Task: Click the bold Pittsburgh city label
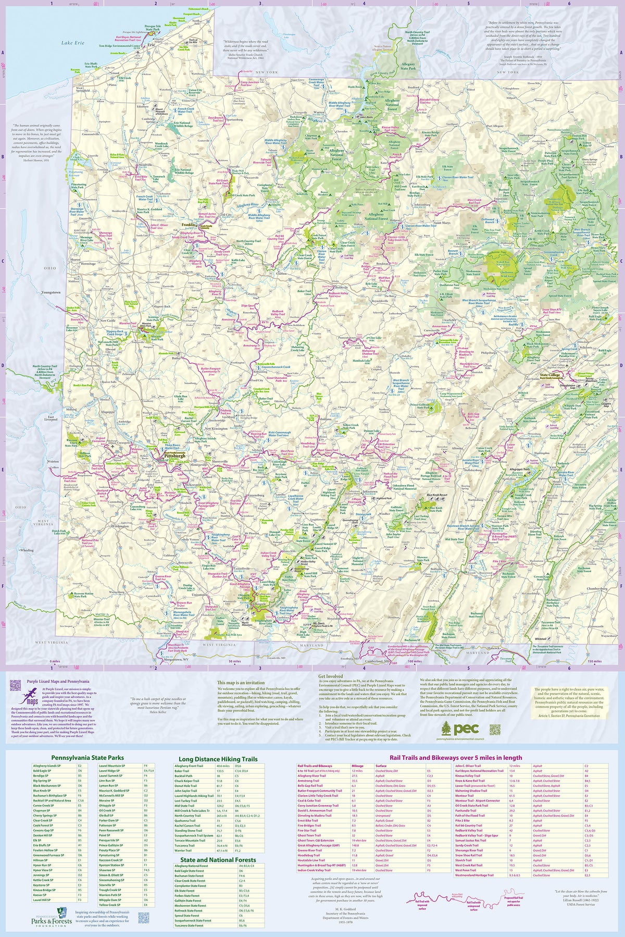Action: click(x=174, y=455)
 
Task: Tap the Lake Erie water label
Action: click(x=72, y=43)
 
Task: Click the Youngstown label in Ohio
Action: click(x=51, y=292)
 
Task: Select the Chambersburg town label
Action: click(x=597, y=589)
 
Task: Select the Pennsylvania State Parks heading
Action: click(x=87, y=758)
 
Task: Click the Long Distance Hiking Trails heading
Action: click(x=218, y=759)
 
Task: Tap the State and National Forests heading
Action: click(x=218, y=860)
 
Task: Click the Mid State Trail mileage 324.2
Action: click(x=220, y=820)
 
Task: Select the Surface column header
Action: click(x=381, y=766)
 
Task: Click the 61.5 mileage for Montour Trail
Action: click(x=512, y=796)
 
